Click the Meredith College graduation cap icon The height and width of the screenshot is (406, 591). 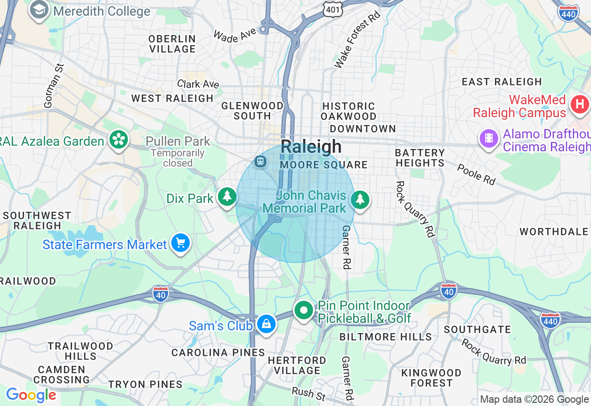pyautogui.click(x=39, y=10)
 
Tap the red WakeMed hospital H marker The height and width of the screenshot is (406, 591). pyautogui.click(x=580, y=104)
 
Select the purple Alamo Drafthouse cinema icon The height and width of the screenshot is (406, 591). pyautogui.click(x=489, y=138)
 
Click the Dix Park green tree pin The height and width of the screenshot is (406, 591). pyautogui.click(x=227, y=197)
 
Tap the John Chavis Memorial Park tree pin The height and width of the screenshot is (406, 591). pyautogui.click(x=360, y=200)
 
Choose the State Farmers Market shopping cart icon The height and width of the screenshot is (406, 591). pyautogui.click(x=180, y=242)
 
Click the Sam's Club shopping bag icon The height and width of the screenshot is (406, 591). pyautogui.click(x=266, y=324)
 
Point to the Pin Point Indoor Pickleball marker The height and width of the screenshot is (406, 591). pyautogui.click(x=303, y=310)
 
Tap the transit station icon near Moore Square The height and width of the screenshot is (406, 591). pyautogui.click(x=260, y=161)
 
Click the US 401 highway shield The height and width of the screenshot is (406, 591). pyautogui.click(x=332, y=8)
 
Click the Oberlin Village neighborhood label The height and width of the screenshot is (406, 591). pyautogui.click(x=172, y=44)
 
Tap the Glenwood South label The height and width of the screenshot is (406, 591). pyautogui.click(x=252, y=111)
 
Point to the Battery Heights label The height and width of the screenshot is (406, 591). pyautogui.click(x=420, y=158)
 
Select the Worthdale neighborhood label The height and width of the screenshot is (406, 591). pyautogui.click(x=555, y=232)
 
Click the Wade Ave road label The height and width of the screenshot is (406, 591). pyautogui.click(x=235, y=35)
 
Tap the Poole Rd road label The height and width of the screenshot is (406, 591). pyautogui.click(x=476, y=174)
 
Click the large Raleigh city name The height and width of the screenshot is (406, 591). pyautogui.click(x=311, y=147)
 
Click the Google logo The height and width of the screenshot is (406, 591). pyautogui.click(x=31, y=395)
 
